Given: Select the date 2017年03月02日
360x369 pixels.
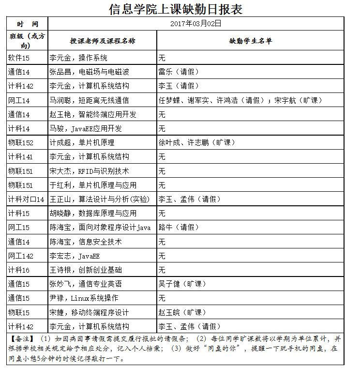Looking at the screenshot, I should pyautogui.click(x=196, y=23).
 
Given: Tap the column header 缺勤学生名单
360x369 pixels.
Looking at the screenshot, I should pyautogui.click(x=251, y=41).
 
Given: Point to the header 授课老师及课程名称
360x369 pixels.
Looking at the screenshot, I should pyautogui.click(x=103, y=41).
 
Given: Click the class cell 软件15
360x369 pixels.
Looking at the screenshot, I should pyautogui.click(x=19, y=58).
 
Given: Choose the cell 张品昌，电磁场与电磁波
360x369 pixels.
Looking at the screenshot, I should pyautogui.click(x=89, y=72).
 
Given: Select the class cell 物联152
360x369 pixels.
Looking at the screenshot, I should pyautogui.click(x=21, y=143).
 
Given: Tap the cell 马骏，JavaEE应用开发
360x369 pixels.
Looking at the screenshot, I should pyautogui.click(x=86, y=129).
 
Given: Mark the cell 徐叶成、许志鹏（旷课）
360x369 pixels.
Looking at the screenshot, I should pyautogui.click(x=197, y=143).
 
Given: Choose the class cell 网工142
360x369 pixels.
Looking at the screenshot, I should pyautogui.click(x=21, y=256).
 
